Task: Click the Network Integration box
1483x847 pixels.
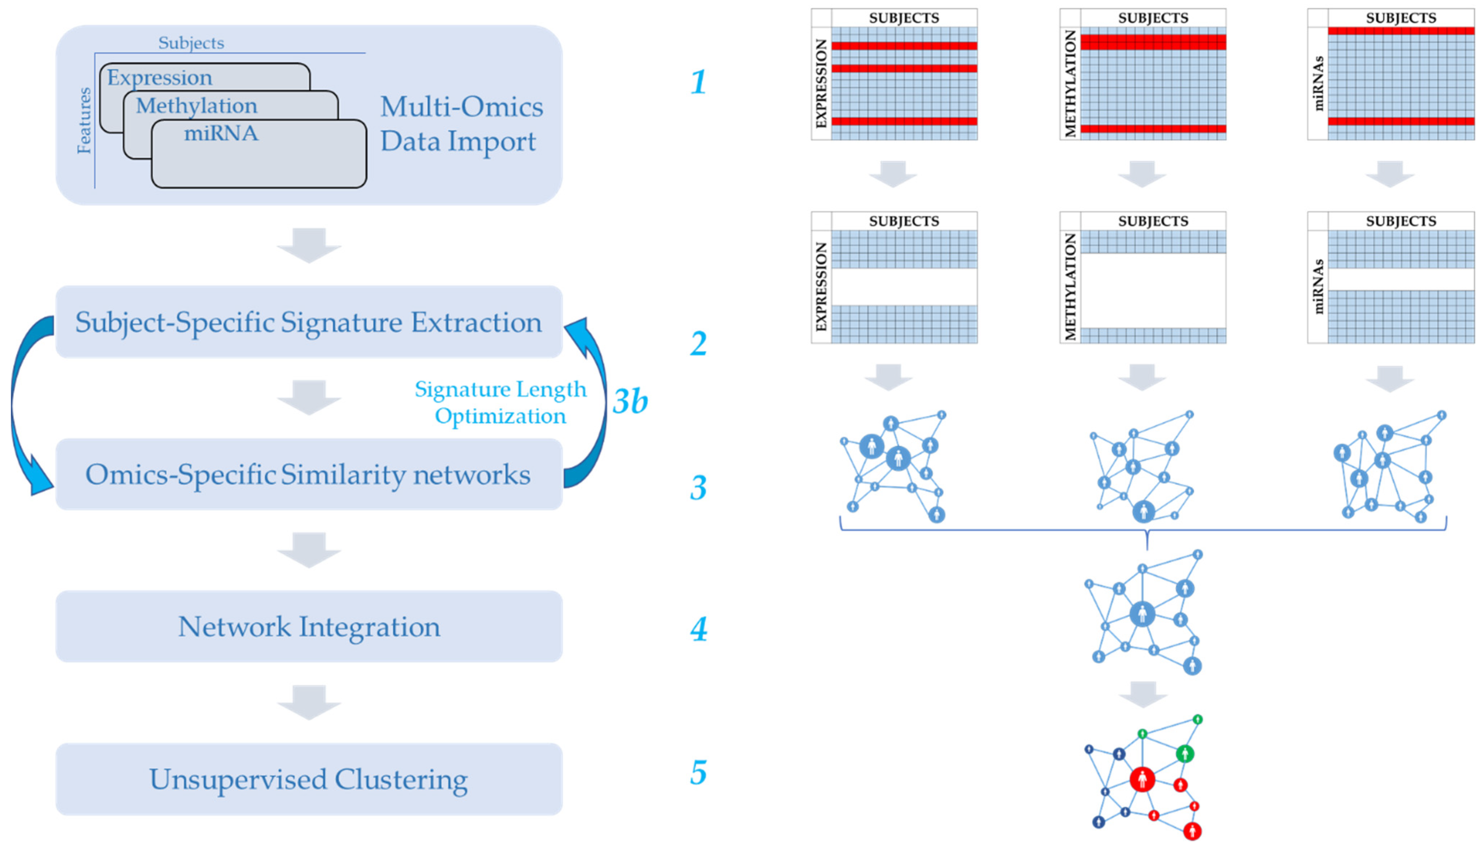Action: (309, 626)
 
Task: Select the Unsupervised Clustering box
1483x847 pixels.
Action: (309, 779)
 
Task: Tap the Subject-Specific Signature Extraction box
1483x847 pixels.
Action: (309, 322)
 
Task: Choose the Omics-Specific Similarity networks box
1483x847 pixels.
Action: (309, 474)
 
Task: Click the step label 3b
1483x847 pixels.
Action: (630, 401)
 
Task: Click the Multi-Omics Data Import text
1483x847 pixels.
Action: (461, 123)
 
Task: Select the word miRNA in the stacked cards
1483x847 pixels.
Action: (221, 133)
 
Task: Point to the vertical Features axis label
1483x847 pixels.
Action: (84, 121)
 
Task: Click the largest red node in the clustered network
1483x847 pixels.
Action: (1141, 779)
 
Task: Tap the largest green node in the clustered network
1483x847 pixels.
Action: (1185, 754)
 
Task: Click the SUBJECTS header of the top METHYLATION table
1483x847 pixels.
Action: (1153, 17)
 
